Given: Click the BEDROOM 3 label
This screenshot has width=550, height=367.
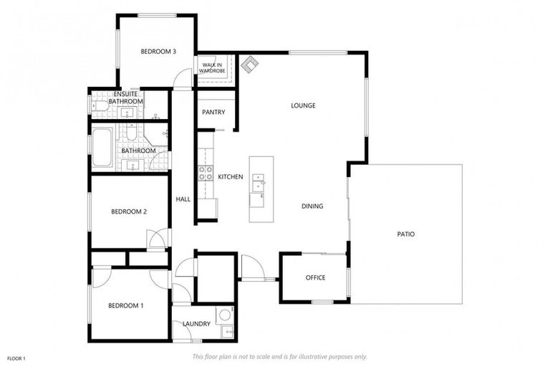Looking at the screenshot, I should [158, 51].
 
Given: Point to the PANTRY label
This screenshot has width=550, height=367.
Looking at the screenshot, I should [213, 112].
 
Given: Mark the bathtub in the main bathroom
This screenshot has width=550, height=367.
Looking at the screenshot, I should [102, 147].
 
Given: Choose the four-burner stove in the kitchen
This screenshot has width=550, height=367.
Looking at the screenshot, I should [205, 173].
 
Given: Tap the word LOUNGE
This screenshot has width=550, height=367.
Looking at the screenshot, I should [303, 106].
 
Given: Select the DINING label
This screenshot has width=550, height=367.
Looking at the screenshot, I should [312, 206].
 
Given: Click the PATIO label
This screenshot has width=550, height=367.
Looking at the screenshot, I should [405, 234].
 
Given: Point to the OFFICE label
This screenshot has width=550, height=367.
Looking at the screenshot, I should [315, 278].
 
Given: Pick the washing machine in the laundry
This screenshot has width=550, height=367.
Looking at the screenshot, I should [224, 314].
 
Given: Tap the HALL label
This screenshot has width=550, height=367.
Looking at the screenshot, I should [183, 199].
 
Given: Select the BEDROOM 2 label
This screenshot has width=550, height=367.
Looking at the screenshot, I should [129, 211].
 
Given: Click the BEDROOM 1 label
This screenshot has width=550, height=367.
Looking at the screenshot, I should [126, 306].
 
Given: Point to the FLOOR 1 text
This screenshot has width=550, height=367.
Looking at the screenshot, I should [16, 358].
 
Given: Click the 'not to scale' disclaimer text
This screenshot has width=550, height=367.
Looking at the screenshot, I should [279, 356].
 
